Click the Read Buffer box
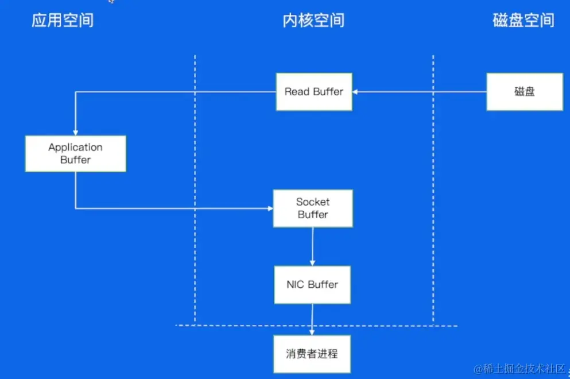(x=313, y=92)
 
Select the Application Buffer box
(x=75, y=153)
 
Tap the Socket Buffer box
(x=312, y=208)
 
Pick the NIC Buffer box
(x=312, y=285)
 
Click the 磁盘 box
(x=524, y=92)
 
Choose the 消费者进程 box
(x=312, y=354)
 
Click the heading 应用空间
(x=63, y=21)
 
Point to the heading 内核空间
(x=313, y=21)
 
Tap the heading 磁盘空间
(x=524, y=21)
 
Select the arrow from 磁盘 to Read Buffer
(x=419, y=92)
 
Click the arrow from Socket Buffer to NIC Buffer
(x=312, y=246)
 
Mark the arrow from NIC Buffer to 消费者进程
(x=312, y=319)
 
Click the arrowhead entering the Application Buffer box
(x=75, y=132)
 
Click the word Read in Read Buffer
(x=297, y=92)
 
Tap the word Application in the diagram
(x=75, y=147)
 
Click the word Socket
(x=313, y=202)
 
